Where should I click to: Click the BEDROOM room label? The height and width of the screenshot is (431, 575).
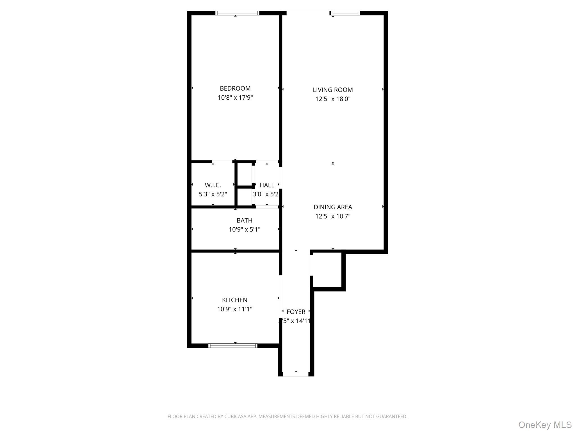[235, 88]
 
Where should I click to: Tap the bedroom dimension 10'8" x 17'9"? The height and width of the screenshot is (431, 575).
[235, 98]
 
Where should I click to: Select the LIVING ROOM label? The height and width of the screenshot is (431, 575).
[333, 90]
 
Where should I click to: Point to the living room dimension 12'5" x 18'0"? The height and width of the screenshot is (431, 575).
[333, 99]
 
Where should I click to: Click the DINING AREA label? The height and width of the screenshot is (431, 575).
[333, 207]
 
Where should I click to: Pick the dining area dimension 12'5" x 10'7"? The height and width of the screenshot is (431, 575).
[333, 216]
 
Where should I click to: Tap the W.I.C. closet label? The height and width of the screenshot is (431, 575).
[213, 185]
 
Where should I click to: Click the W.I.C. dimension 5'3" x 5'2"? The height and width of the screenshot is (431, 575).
[213, 194]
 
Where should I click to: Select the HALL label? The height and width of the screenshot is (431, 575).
[267, 185]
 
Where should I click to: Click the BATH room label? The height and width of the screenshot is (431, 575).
[244, 221]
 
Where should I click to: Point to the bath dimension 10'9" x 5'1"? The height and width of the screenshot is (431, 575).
[244, 230]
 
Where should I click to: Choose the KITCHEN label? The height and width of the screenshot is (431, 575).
[234, 300]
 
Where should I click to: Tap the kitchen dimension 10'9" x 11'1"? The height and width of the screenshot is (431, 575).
[234, 309]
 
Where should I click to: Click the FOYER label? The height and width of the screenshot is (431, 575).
[296, 312]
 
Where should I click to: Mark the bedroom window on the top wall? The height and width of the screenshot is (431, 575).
[237, 13]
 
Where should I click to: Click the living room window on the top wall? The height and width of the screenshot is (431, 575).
[345, 13]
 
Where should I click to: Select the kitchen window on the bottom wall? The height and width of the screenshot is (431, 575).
[233, 346]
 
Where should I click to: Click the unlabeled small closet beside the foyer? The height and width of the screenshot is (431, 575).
[327, 270]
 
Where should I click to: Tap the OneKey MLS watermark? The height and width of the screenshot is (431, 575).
[545, 425]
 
